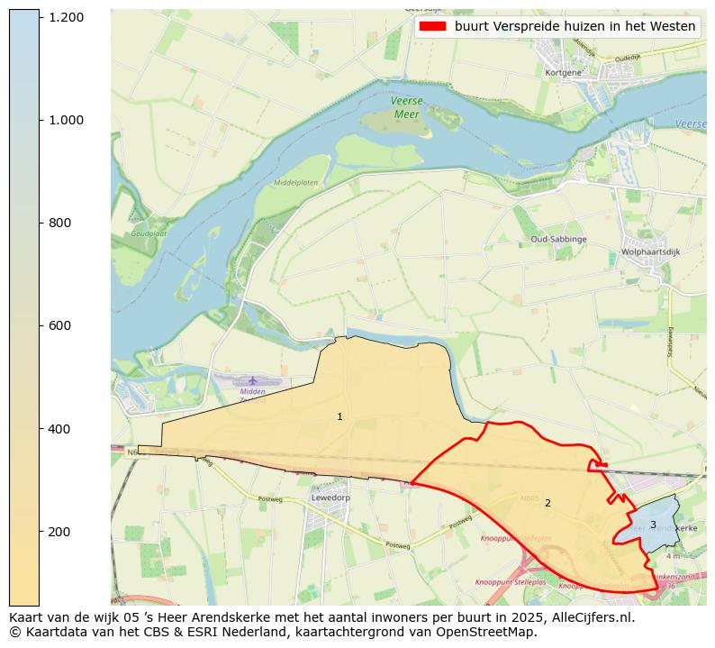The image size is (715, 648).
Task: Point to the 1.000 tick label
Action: coord(66,120)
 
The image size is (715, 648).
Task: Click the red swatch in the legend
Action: coord(432,26)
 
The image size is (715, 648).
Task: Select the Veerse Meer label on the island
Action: coord(406,107)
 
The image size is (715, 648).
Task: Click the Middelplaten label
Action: coord(295,182)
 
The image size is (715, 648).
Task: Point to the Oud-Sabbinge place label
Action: coord(558,239)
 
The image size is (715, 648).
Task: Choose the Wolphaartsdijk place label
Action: coord(650,252)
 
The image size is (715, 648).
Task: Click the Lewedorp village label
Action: coord(330,497)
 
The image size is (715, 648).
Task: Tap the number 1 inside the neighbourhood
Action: coord(339,416)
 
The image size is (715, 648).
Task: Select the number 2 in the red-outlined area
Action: coord(548,503)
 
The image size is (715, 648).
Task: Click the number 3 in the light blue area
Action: coord(653,525)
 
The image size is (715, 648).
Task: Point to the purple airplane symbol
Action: coord(252,381)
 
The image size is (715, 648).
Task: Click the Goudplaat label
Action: coord(149,233)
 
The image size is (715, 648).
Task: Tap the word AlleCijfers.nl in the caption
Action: coord(589,617)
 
